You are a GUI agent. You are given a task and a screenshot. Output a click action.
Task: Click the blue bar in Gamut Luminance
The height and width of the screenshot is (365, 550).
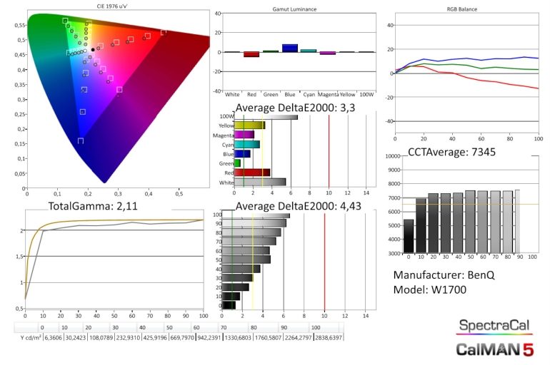tap(290, 48)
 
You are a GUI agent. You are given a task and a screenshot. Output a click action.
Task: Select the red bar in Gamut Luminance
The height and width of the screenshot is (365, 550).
tap(251, 54)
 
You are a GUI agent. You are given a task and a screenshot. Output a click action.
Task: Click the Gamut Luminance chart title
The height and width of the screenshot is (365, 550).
tap(295, 9)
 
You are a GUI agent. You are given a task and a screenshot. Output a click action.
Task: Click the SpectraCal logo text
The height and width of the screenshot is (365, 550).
tap(494, 326)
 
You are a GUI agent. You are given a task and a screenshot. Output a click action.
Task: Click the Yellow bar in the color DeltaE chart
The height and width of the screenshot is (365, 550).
tap(249, 125)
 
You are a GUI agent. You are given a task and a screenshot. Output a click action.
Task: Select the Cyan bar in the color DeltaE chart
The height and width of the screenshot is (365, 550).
tap(246, 144)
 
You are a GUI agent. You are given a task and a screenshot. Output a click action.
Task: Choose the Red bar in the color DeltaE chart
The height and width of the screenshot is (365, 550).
tap(251, 172)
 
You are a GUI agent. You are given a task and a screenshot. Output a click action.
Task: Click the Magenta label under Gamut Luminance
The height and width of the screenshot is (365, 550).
tap(328, 93)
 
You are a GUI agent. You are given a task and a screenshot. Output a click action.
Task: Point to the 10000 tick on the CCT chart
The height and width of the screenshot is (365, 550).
tap(394, 155)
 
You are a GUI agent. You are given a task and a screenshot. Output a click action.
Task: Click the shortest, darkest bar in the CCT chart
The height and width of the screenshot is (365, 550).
tap(409, 236)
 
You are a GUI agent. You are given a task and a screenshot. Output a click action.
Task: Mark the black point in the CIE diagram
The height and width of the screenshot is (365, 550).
tap(93, 49)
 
